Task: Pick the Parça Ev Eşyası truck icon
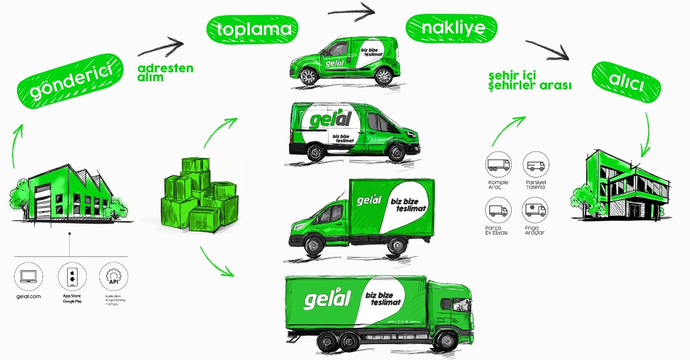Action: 498,211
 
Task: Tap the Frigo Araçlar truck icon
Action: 535,211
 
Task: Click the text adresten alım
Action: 165,73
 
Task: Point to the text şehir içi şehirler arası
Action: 530,81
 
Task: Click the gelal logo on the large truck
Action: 327,298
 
